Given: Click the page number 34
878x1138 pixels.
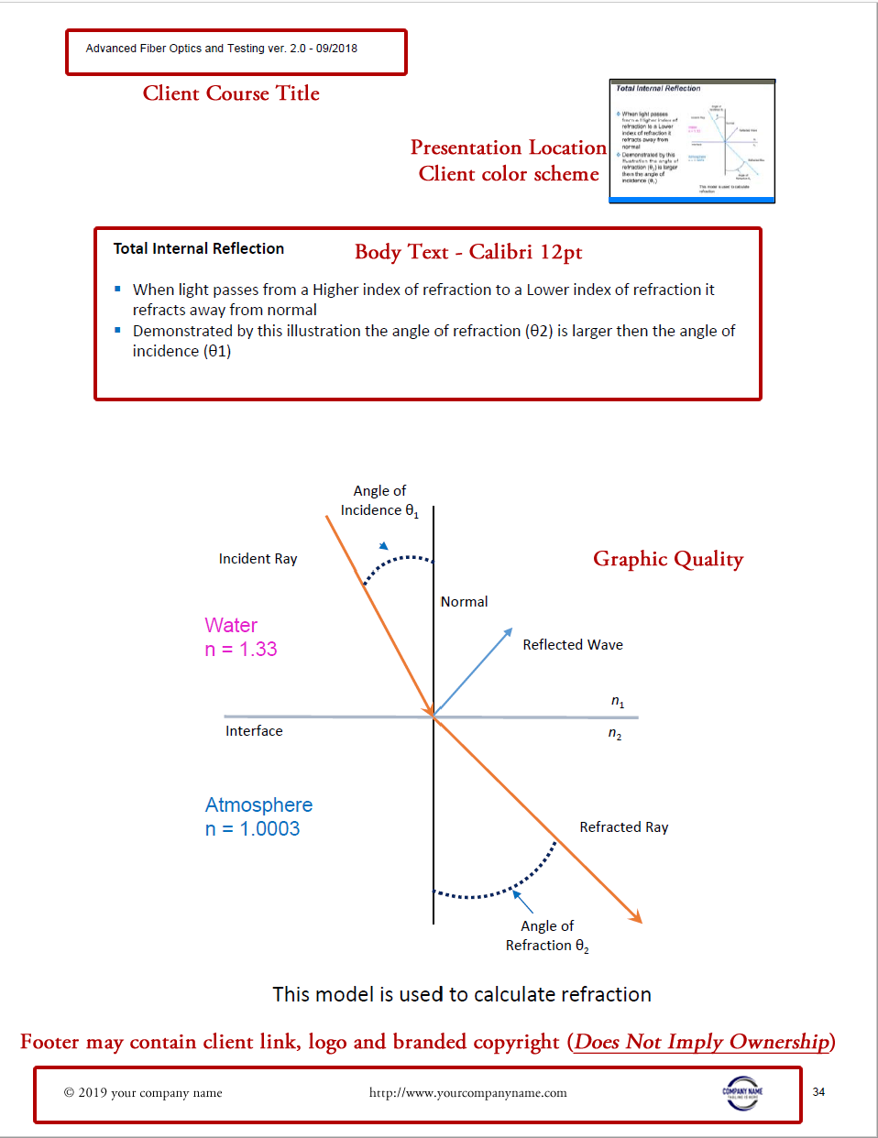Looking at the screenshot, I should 818,1091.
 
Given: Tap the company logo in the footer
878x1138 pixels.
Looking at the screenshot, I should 742,1092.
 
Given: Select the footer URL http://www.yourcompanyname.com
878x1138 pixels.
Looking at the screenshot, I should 467,1092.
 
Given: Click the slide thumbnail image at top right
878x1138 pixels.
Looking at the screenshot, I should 692,140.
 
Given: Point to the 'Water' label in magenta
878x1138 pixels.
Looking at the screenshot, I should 231,625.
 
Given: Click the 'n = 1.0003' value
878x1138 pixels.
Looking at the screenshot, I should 252,829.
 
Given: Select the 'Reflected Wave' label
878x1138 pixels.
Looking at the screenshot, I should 572,644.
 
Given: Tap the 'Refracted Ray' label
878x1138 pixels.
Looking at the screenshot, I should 623,826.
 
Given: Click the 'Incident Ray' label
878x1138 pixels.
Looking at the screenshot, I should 258,558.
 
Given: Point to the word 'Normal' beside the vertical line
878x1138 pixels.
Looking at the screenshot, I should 464,601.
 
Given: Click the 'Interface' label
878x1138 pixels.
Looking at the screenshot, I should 254,730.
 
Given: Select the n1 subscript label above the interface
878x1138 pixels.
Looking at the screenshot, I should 618,702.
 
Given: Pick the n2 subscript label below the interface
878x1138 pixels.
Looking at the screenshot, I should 615,734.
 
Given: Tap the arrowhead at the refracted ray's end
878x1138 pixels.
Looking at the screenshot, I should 636,917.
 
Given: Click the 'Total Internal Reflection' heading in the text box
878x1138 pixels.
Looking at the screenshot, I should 198,248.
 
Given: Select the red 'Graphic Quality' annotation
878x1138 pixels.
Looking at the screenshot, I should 668,559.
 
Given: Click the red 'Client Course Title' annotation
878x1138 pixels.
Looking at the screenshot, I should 231,93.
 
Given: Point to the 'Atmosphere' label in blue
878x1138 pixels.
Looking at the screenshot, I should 258,804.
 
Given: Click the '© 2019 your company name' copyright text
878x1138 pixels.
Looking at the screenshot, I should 143,1092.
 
